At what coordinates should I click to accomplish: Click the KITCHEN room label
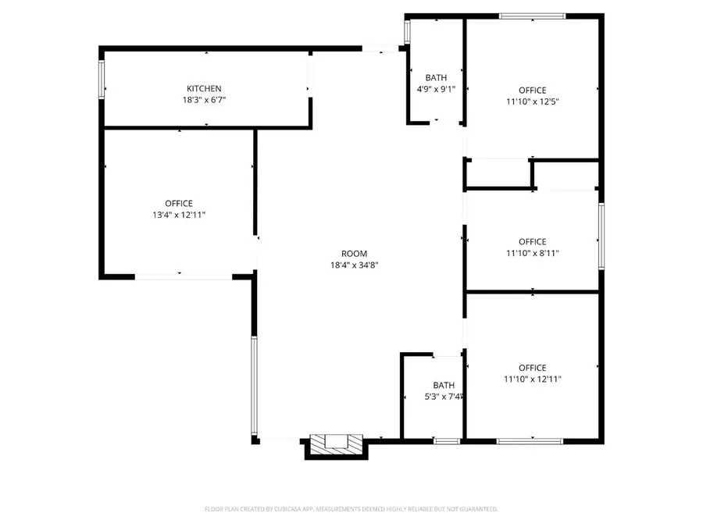[203, 89]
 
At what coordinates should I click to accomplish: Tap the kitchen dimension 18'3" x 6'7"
[203, 100]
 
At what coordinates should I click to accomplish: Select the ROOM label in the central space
[354, 254]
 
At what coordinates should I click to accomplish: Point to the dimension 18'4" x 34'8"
[354, 265]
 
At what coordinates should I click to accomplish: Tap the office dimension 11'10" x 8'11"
[533, 253]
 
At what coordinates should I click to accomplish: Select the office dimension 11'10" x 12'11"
[533, 379]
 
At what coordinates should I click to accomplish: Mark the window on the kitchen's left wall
[102, 80]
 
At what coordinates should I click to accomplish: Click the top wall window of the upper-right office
[532, 16]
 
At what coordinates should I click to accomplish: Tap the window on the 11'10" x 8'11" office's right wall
[601, 236]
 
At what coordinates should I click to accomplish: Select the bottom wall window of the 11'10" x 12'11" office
[530, 441]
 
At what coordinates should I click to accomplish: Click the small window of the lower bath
[447, 441]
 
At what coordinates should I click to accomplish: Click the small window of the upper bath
[406, 31]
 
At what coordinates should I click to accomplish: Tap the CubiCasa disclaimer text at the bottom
[351, 509]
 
